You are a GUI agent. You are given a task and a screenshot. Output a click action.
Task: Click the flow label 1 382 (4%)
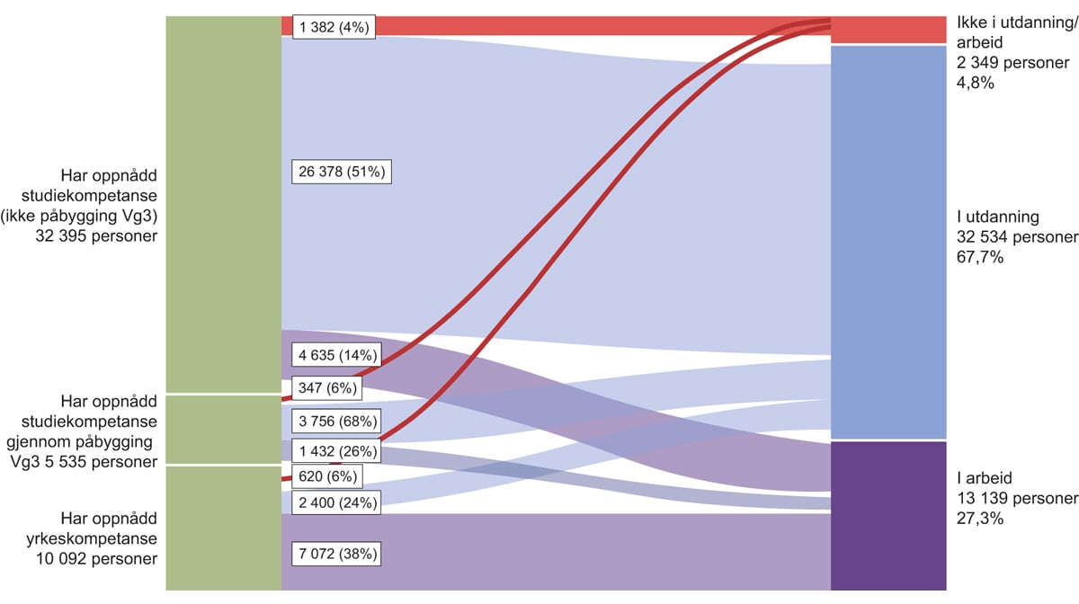pos(333,27)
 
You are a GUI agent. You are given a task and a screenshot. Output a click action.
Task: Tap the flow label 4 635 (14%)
pos(336,355)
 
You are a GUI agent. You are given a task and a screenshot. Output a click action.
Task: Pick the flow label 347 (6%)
pos(325,389)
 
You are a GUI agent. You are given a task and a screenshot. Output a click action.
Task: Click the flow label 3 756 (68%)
pos(336,421)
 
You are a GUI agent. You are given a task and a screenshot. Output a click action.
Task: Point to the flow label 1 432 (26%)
pos(336,449)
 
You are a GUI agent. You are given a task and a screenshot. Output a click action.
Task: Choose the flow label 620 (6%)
pos(325,475)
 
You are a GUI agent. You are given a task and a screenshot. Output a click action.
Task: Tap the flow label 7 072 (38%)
pos(336,555)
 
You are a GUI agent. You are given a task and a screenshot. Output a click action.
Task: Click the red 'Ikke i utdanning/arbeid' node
pos(888,30)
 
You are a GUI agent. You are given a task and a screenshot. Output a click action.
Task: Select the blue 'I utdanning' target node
pos(888,242)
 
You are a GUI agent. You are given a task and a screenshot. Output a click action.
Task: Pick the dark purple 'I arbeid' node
pos(888,515)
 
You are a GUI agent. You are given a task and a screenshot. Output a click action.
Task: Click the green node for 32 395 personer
pos(223,204)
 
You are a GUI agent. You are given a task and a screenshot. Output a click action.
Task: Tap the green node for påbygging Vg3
pos(223,429)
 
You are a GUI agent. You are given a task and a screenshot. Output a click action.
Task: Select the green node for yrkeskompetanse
pos(223,528)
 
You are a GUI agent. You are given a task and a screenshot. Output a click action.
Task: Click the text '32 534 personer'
pos(1017,237)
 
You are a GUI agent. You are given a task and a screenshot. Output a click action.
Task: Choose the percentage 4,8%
pos(976,83)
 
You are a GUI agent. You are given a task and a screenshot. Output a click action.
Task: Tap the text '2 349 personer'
pos(1013,63)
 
